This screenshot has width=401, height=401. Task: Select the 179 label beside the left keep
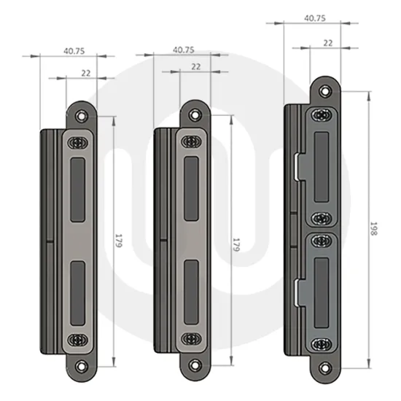click(119, 242)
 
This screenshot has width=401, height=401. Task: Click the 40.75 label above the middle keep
click(183, 50)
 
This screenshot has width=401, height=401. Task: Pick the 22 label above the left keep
click(86, 72)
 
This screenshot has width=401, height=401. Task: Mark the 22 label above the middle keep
click(195, 66)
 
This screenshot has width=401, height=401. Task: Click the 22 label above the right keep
click(327, 43)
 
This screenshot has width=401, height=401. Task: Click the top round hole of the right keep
click(322, 89)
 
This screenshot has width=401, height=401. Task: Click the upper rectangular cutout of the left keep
click(79, 187)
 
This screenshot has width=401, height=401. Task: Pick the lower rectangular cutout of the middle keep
click(192, 290)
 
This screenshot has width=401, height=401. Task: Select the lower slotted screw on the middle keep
click(192, 338)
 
